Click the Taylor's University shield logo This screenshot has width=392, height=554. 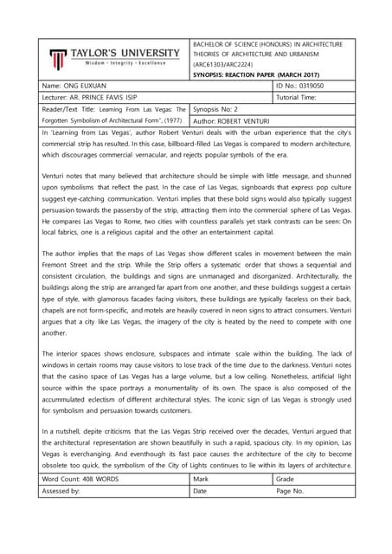point(56,59)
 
